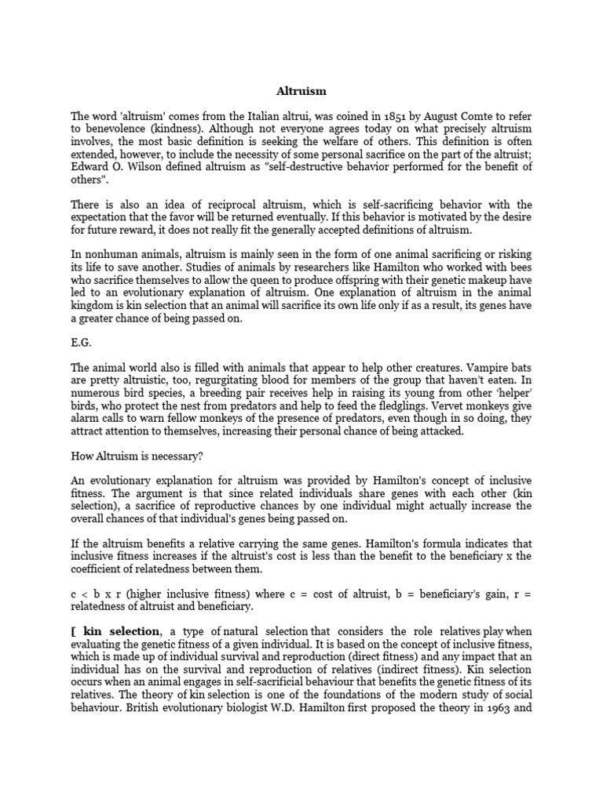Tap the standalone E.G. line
(80, 343)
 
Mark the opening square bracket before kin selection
(72, 631)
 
